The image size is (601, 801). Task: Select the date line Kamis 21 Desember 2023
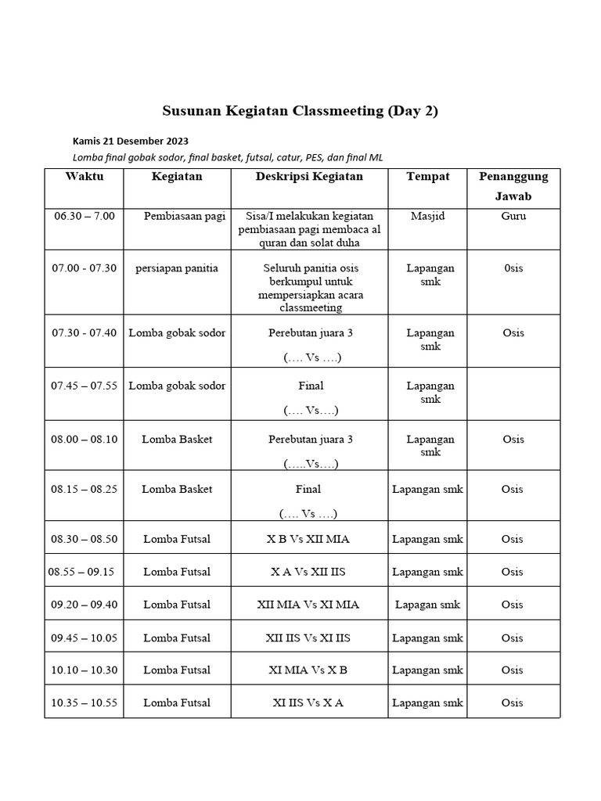130,142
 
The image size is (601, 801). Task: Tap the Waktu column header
84,177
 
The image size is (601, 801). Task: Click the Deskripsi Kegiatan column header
309,177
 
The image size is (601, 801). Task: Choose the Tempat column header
427,177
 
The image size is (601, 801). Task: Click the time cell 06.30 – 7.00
84,216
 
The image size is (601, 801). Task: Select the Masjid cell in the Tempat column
427,216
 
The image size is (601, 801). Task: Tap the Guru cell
513,216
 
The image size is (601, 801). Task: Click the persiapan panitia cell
177,268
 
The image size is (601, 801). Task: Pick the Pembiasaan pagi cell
184,216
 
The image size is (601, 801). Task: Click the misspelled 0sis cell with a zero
513,268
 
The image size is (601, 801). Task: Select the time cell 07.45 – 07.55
84,386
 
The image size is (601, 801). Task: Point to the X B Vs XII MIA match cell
309,539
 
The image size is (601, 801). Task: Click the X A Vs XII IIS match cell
309,572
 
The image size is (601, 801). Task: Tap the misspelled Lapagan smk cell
427,605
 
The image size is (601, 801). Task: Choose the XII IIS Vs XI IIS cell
309,638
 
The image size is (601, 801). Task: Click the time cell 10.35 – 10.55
84,702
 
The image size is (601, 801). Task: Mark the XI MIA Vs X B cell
309,670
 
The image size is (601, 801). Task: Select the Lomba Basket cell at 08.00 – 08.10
177,440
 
